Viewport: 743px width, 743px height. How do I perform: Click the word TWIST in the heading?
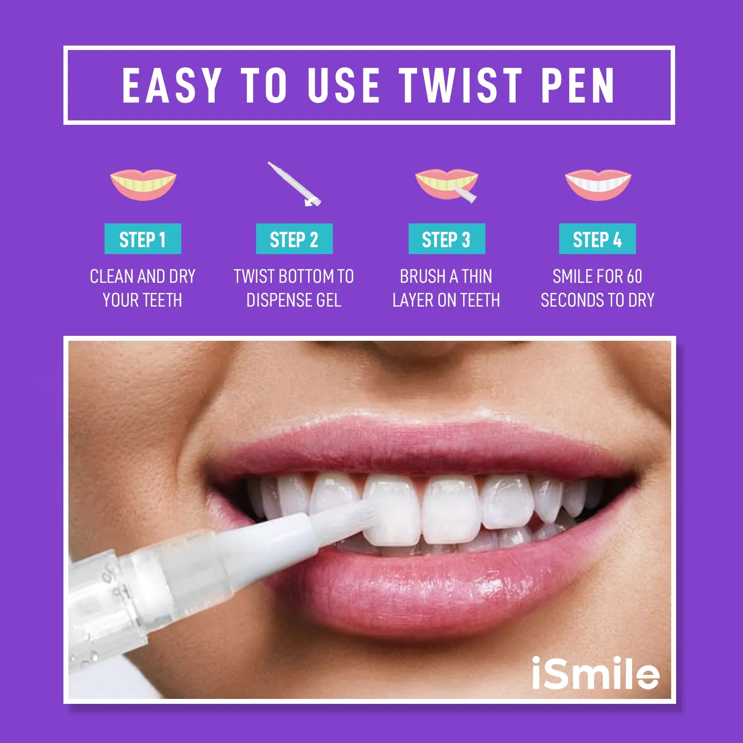(x=461, y=85)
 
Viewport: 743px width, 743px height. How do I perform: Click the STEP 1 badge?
(x=143, y=239)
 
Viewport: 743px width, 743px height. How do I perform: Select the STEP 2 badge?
(x=294, y=239)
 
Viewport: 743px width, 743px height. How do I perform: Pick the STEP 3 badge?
(x=446, y=239)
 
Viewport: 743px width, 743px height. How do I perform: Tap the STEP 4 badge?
(x=597, y=239)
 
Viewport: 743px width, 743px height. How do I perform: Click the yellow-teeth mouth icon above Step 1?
(x=143, y=184)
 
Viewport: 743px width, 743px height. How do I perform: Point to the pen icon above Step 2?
(x=294, y=184)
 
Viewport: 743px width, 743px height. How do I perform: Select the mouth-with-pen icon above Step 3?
(x=446, y=185)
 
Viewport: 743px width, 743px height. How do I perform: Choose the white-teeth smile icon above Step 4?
(x=598, y=184)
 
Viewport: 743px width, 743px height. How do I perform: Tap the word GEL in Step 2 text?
(x=325, y=300)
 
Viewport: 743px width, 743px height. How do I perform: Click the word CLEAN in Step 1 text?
(x=109, y=276)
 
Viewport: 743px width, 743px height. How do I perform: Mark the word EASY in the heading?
(x=171, y=85)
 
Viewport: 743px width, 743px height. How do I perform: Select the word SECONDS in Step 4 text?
(x=572, y=300)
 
